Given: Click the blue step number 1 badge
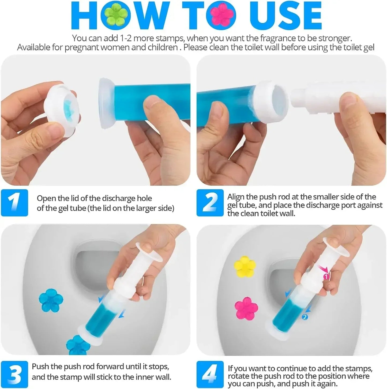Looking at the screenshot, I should click(x=14, y=203).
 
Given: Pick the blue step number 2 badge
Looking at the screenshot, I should click(x=210, y=203).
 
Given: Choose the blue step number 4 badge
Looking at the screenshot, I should click(x=210, y=374).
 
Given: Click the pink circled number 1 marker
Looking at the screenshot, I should click(x=326, y=277).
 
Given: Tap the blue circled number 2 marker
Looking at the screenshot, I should click(x=305, y=317).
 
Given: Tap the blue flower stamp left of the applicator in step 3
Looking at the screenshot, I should click(x=51, y=300).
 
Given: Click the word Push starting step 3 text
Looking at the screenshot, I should click(x=40, y=367).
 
